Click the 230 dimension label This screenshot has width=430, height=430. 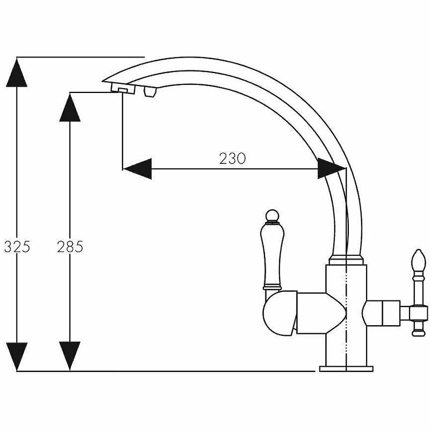(x=232, y=159)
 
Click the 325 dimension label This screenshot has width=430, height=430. (x=17, y=247)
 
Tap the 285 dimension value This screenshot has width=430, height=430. (x=70, y=247)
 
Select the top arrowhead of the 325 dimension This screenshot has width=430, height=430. (x=17, y=72)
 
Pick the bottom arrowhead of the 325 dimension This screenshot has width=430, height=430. (x=17, y=356)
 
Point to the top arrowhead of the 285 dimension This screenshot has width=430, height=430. (x=70, y=107)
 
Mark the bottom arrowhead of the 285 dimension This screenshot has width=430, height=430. (x=70, y=356)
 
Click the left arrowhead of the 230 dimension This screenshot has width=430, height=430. (x=137, y=169)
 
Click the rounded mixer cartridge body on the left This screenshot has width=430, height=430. (x=279, y=314)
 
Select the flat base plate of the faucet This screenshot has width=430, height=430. (x=346, y=369)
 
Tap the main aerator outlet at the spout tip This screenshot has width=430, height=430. (x=122, y=89)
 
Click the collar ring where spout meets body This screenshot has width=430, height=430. (x=346, y=261)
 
